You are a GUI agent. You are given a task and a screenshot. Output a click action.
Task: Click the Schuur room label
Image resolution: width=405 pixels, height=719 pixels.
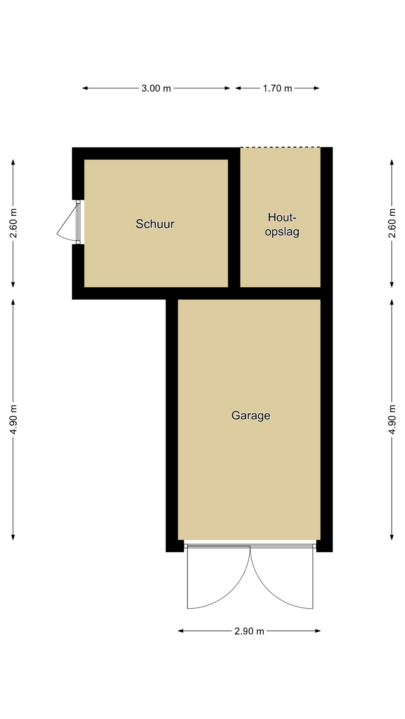coord(155,224)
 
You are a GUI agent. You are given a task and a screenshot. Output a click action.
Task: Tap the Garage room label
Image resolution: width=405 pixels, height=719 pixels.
coord(251,416)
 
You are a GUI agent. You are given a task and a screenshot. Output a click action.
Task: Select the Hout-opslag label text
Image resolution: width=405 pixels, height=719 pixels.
coord(282,224)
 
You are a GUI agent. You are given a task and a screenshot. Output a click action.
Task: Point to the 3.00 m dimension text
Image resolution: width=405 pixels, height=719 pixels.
coord(156,88)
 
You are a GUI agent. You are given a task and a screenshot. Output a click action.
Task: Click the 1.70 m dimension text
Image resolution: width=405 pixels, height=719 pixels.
coord(277,88)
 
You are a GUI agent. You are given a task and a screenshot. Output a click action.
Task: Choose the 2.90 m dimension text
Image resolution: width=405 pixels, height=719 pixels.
coord(249,631)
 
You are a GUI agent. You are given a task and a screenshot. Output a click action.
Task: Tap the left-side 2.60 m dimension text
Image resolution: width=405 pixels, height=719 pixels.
coord(13,223)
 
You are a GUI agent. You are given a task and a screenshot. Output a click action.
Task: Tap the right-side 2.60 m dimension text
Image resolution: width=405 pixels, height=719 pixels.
coord(392,223)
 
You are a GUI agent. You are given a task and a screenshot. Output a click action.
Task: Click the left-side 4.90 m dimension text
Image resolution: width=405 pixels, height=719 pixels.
coord(13,420)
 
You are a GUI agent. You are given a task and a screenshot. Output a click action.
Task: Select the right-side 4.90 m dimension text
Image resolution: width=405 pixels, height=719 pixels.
coord(392,420)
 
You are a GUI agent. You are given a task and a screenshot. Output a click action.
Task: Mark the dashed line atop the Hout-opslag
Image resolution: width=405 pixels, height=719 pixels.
coord(280,147)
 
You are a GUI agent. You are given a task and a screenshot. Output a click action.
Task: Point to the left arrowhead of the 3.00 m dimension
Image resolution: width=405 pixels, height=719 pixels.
coord(85,88)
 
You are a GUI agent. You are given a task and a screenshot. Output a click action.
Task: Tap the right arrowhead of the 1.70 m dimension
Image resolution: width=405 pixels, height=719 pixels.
coord(317,88)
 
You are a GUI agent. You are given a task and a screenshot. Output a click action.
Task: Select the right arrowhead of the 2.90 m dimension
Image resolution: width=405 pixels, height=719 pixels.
coord(318,631)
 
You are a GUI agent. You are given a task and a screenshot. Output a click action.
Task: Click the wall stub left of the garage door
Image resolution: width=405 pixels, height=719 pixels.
coord(175,546)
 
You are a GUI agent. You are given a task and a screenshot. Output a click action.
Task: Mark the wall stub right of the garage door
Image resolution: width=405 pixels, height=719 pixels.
coord(324,546)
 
